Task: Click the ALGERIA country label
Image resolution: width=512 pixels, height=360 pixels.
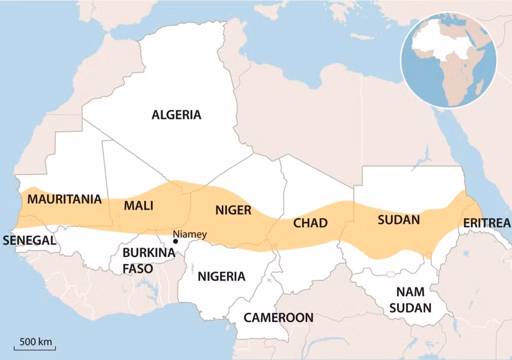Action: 176,115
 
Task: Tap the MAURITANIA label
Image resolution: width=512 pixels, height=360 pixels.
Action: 64,200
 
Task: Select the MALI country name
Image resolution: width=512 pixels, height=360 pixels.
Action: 138,206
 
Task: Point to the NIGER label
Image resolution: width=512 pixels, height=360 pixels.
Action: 233,210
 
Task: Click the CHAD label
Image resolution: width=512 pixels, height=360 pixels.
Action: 310,223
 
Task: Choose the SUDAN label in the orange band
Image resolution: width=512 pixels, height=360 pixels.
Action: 398,220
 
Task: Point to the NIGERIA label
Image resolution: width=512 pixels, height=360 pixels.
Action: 221,276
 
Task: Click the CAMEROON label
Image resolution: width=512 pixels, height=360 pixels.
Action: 279,317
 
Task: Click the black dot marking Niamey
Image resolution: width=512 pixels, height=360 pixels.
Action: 175,241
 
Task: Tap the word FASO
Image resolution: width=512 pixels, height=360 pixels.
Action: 138,268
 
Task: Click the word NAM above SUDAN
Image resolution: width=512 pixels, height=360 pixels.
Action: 410,292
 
